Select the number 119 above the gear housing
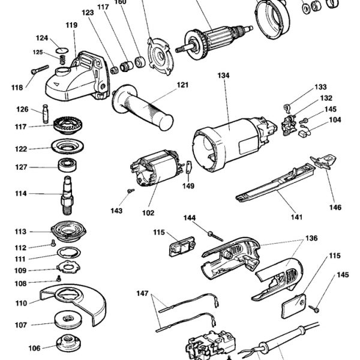coord(71,25)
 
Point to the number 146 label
coord(334,208)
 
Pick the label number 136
coord(311,238)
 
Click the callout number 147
coord(142,293)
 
